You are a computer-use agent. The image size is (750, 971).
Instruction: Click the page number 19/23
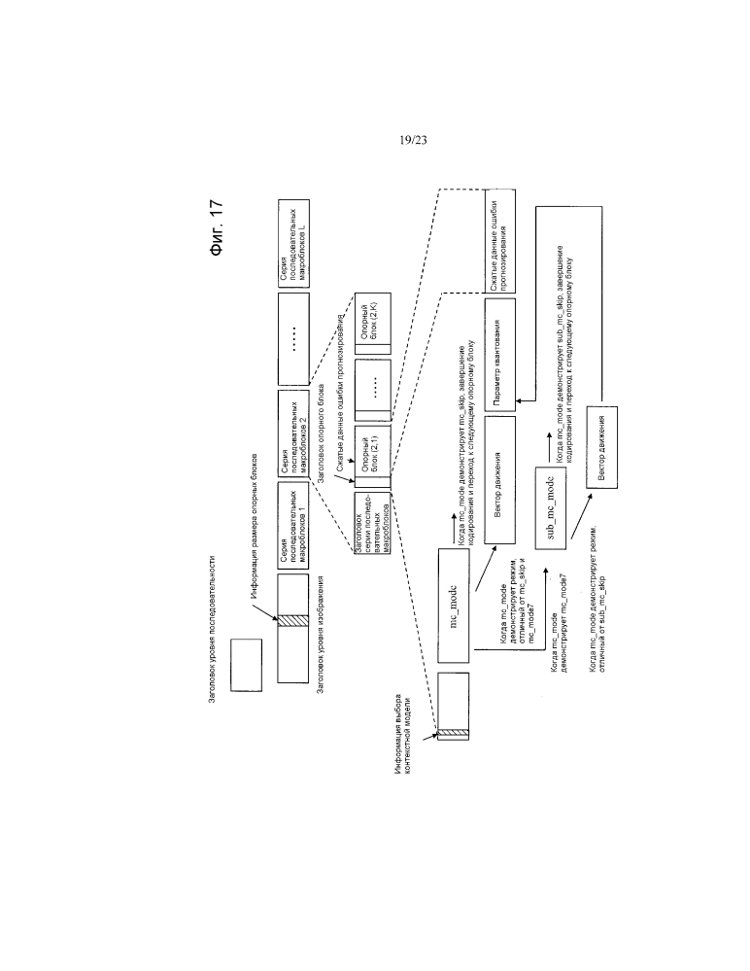point(413,141)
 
